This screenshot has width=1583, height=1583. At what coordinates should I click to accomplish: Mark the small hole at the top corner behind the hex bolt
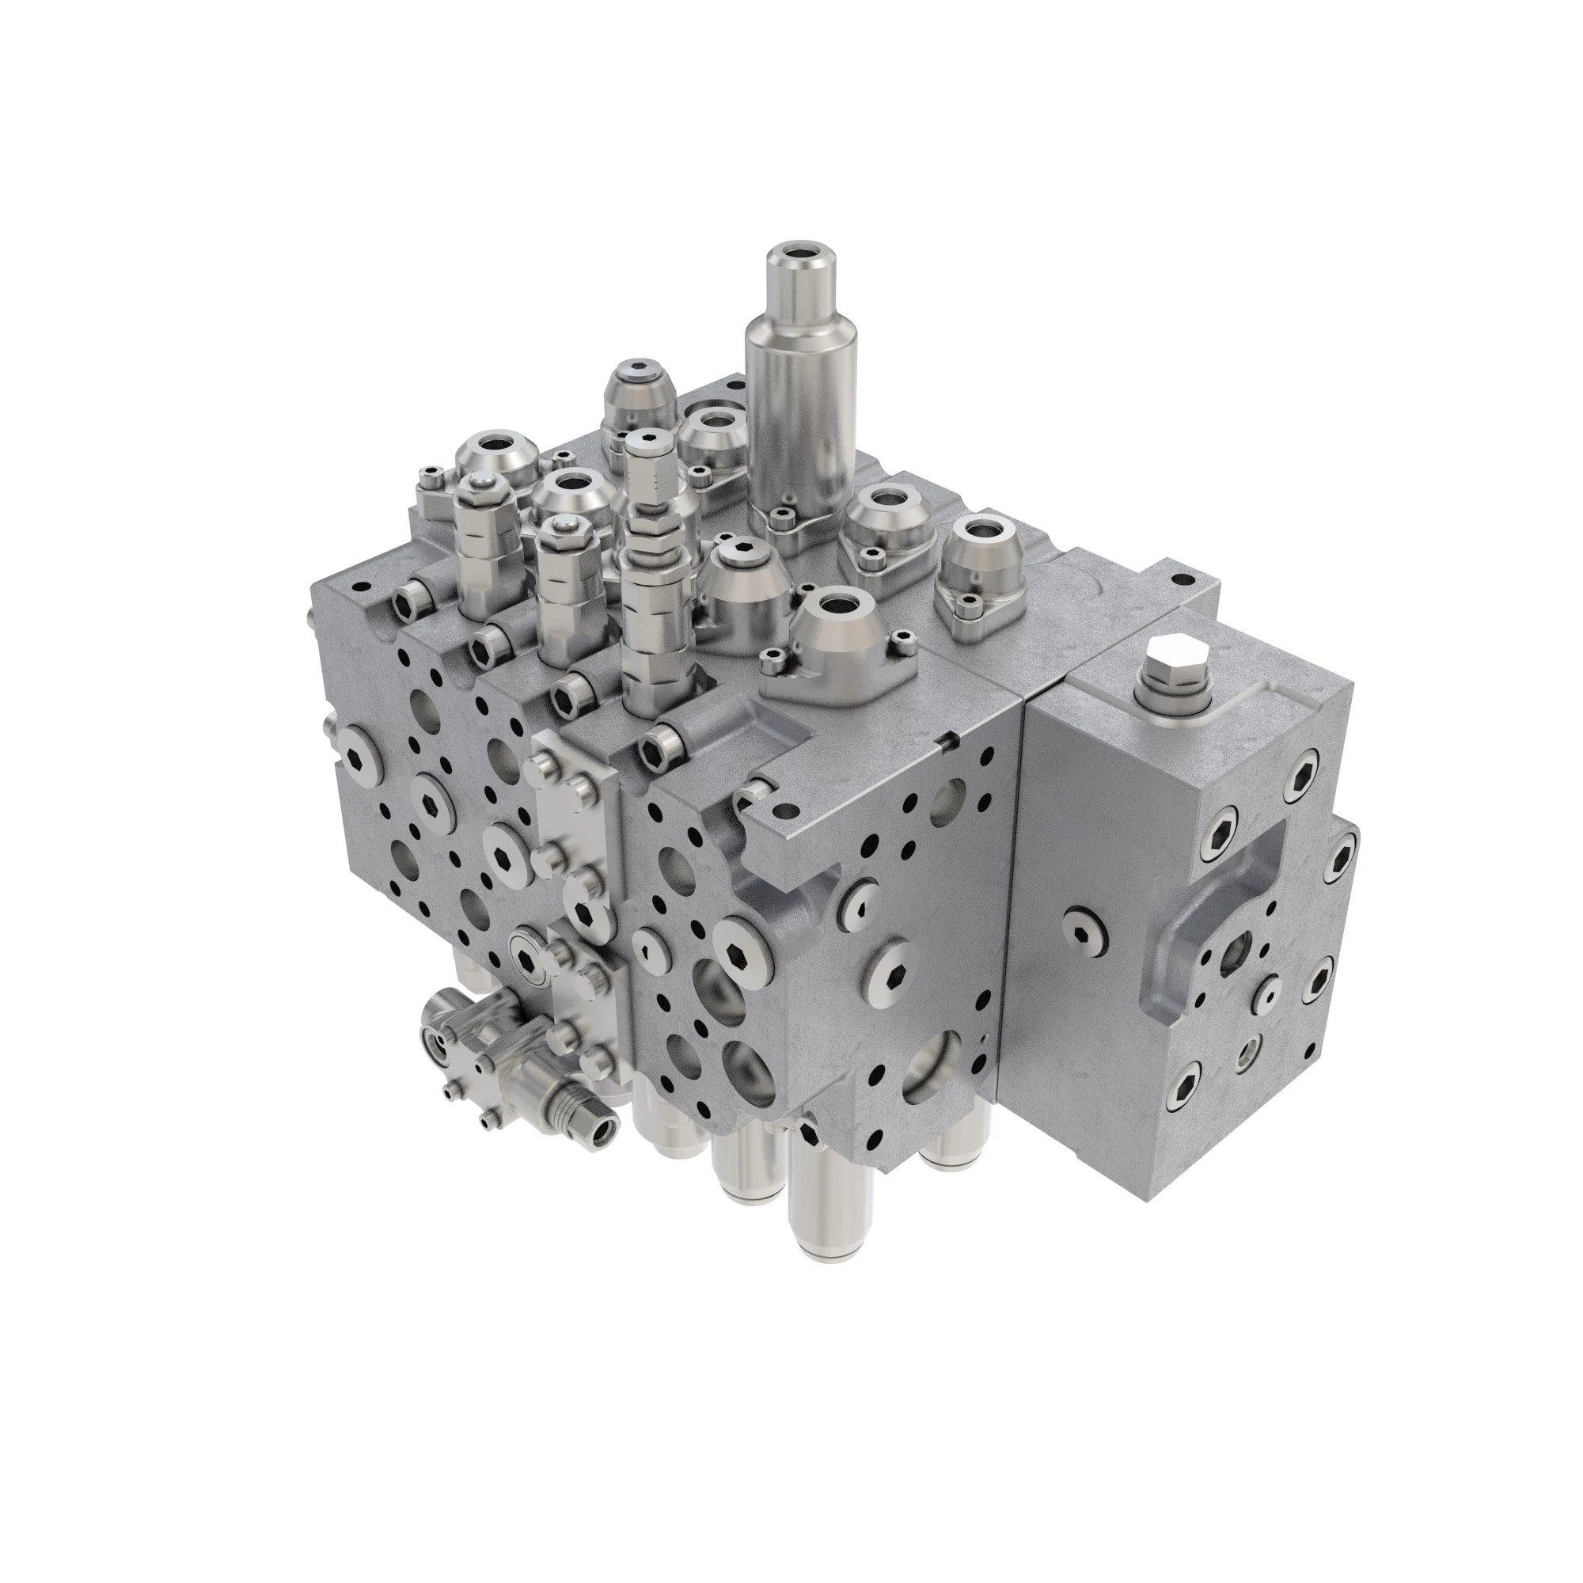click(x=1179, y=579)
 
